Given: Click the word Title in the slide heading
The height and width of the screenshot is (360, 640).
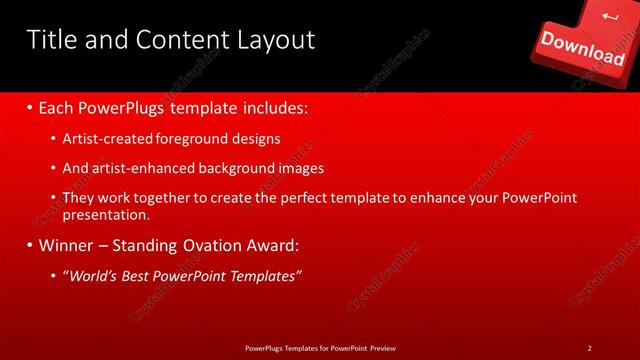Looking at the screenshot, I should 49,40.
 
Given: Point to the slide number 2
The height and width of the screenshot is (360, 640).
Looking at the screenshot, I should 590,347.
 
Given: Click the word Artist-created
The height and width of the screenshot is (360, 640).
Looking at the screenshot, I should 105,139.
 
